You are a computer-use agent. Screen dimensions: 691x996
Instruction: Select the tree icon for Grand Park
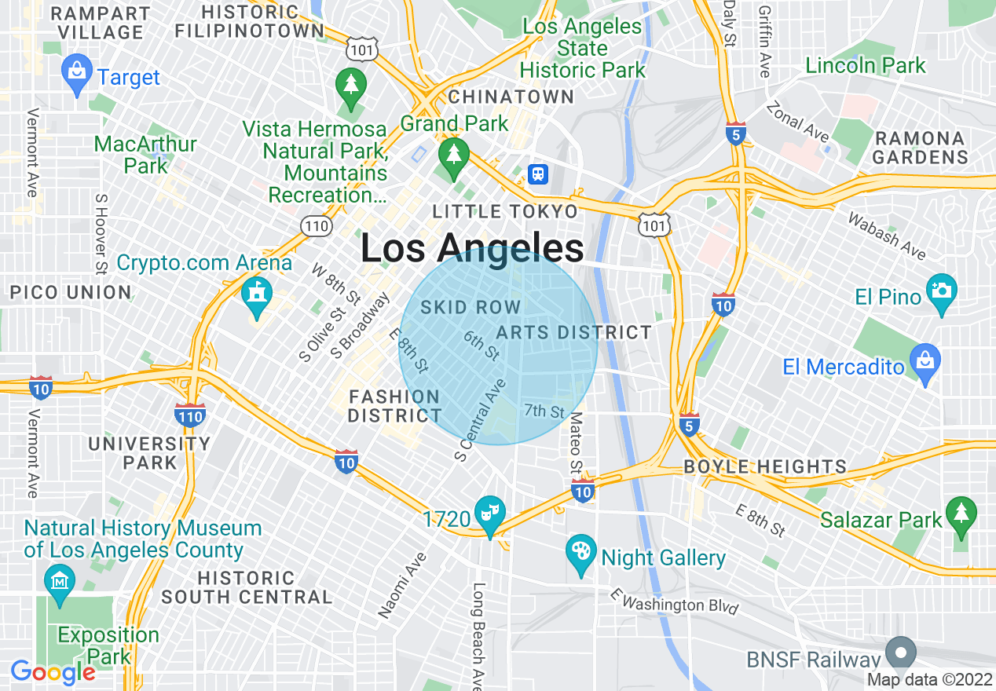pyautogui.click(x=453, y=152)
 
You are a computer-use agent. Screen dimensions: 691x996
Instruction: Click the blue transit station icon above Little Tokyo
pyautogui.click(x=538, y=174)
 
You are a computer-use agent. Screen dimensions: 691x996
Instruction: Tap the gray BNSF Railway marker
pyautogui.click(x=901, y=652)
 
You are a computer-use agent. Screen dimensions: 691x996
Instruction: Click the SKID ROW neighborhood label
pyautogui.click(x=471, y=307)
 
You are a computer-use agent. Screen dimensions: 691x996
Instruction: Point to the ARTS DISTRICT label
pyautogui.click(x=573, y=332)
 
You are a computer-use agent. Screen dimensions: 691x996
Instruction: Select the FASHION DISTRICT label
pyautogui.click(x=394, y=406)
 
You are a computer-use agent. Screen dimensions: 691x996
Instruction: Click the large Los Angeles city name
pyautogui.click(x=472, y=249)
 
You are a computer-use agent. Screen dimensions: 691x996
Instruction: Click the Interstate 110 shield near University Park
pyautogui.click(x=191, y=415)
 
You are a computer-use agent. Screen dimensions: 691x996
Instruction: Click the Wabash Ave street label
pyautogui.click(x=886, y=235)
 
